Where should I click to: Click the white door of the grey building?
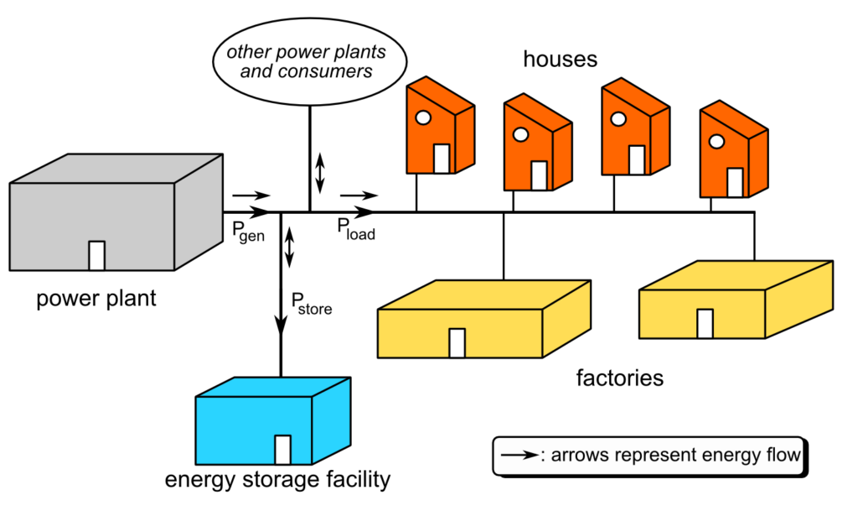pos(97,255)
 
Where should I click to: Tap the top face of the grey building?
pos(117,169)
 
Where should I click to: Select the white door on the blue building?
pos(283,449)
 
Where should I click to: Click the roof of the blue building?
pos(272,388)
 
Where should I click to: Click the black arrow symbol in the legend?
pos(519,456)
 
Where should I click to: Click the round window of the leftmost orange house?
pos(424,118)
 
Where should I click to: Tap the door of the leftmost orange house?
pos(442,158)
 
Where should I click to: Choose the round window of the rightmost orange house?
pos(716,141)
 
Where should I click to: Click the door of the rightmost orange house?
pos(735,182)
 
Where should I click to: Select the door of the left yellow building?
pos(457,342)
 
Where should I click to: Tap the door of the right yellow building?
pos(706,323)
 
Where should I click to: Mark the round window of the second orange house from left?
pos(520,134)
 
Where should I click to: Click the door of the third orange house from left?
pos(637,159)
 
